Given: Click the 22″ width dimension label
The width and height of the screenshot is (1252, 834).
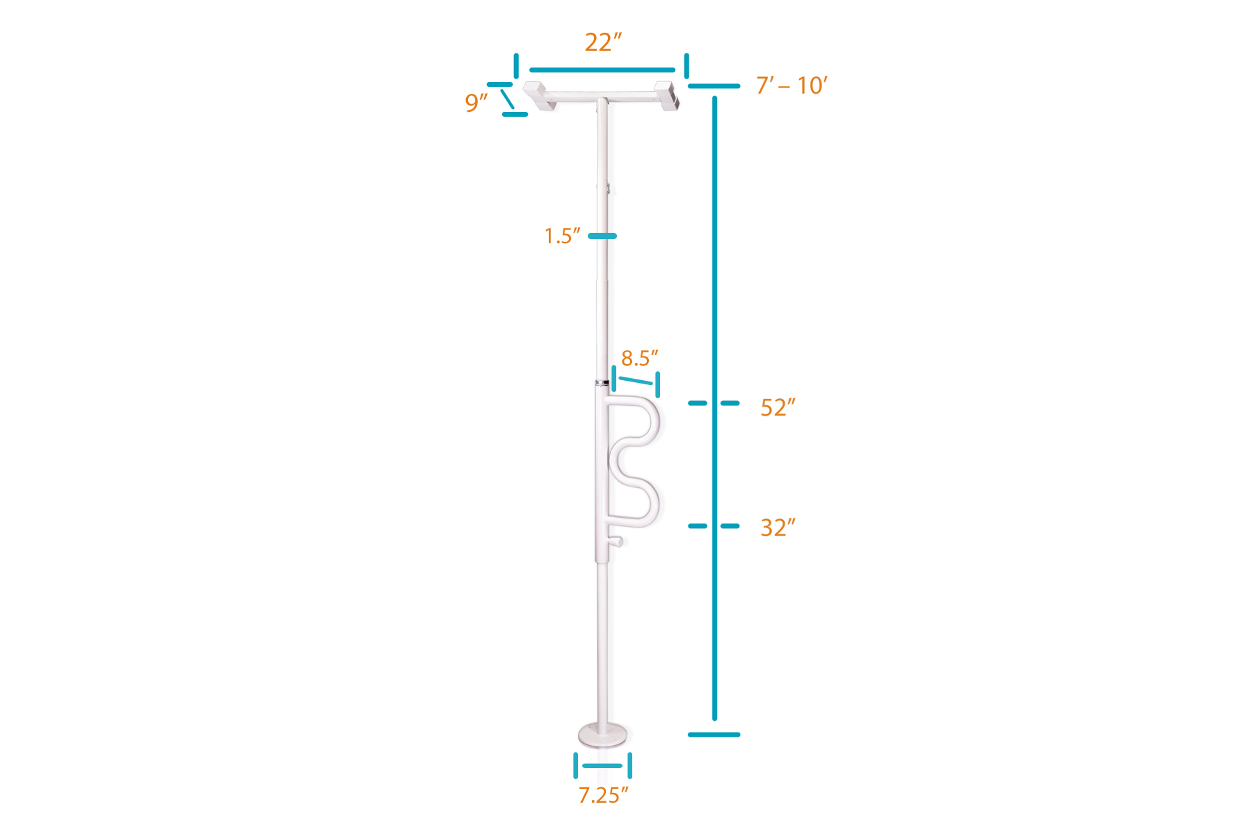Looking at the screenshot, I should (x=602, y=42).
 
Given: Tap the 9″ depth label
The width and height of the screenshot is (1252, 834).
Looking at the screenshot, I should (x=476, y=103).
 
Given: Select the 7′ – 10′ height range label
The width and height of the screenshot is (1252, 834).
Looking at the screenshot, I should (x=792, y=85).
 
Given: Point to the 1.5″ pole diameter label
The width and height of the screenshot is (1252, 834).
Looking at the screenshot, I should (x=562, y=236).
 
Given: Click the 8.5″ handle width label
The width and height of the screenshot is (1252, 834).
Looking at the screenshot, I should (x=639, y=359).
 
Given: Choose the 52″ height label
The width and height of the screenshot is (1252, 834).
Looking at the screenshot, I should (x=778, y=407).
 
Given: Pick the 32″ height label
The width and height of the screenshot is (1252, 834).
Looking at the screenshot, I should (x=778, y=528).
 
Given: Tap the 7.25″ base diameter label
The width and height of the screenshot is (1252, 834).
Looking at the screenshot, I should (x=603, y=794).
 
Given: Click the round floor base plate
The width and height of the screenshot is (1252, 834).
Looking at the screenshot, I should (x=602, y=734).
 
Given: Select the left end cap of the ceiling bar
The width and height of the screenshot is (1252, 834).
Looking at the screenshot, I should (x=538, y=96).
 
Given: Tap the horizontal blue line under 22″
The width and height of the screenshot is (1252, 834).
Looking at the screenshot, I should (x=602, y=69).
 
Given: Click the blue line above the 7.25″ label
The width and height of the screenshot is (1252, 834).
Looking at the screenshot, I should (x=602, y=766).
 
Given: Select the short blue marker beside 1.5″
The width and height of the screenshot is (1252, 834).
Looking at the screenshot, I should (x=602, y=236).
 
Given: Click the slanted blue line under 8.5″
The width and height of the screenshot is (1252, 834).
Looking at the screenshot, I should (x=636, y=381).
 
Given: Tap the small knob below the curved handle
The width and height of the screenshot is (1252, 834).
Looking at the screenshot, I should (x=616, y=541).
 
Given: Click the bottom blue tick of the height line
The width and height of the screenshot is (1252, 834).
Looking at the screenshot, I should (x=714, y=735).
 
